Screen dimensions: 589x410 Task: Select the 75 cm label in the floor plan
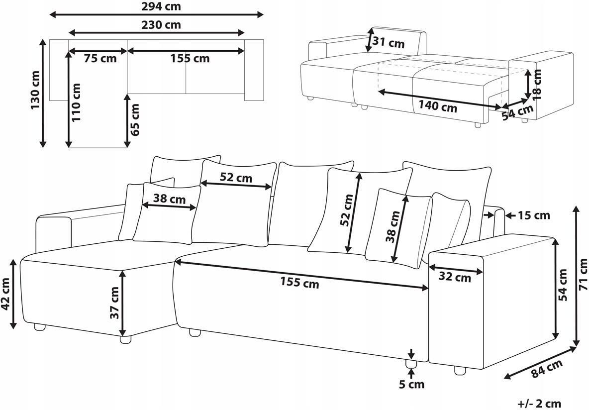(100, 59)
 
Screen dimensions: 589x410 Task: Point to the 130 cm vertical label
(36, 90)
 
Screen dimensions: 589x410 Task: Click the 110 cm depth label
(76, 102)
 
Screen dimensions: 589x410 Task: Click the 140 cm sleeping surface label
(438, 106)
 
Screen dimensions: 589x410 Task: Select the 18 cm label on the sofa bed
(538, 84)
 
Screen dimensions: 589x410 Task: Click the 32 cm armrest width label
(455, 277)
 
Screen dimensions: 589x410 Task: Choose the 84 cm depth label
(547, 368)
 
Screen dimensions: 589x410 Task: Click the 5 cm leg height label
(411, 384)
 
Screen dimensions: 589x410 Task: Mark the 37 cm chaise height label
(114, 303)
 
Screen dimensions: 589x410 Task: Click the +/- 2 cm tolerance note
(539, 405)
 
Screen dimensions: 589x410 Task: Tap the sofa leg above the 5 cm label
(411, 363)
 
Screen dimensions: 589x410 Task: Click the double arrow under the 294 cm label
(157, 14)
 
